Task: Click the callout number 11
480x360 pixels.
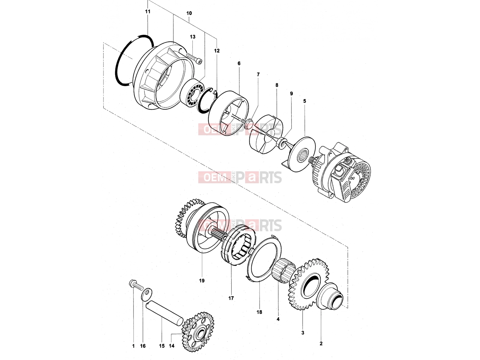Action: [148, 11]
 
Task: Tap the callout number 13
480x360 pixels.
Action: [192, 37]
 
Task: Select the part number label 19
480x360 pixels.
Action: [202, 280]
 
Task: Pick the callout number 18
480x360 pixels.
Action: [259, 312]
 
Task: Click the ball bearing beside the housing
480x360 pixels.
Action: [192, 93]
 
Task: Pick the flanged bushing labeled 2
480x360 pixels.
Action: [330, 296]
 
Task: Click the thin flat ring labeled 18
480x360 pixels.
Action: [263, 260]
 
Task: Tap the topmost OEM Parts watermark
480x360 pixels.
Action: [240, 129]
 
